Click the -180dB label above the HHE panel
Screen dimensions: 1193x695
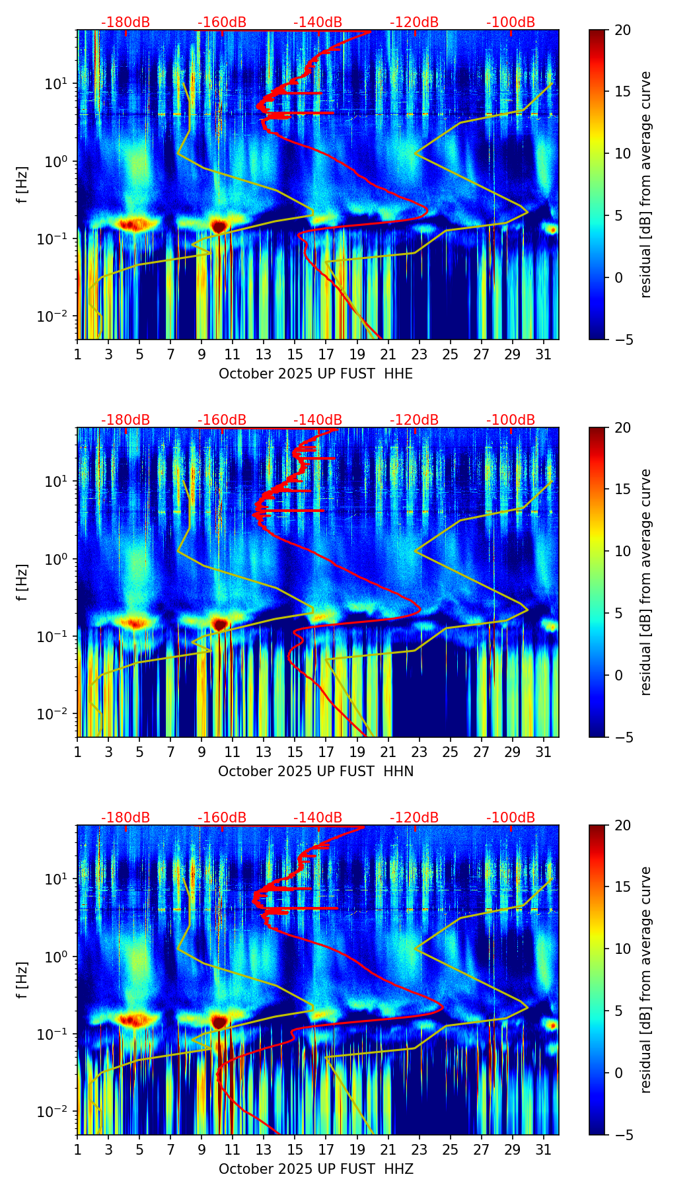click(126, 22)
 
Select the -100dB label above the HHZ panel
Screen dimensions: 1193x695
click(511, 818)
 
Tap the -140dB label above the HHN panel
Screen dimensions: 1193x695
click(318, 420)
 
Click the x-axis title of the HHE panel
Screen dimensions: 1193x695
click(316, 374)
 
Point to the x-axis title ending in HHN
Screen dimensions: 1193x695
click(316, 772)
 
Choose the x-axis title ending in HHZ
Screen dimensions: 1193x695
click(316, 1169)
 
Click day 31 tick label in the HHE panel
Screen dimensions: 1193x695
click(544, 354)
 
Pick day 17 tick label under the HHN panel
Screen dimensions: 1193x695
click(326, 752)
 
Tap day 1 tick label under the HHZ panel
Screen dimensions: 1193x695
click(78, 1149)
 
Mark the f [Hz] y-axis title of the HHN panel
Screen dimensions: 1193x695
click(22, 582)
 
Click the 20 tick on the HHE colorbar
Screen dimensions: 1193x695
click(622, 30)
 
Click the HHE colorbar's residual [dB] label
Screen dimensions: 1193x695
click(645, 184)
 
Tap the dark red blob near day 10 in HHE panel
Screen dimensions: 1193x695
click(219, 227)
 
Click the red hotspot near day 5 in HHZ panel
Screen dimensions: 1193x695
click(134, 1021)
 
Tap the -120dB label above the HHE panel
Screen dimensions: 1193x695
click(414, 22)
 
